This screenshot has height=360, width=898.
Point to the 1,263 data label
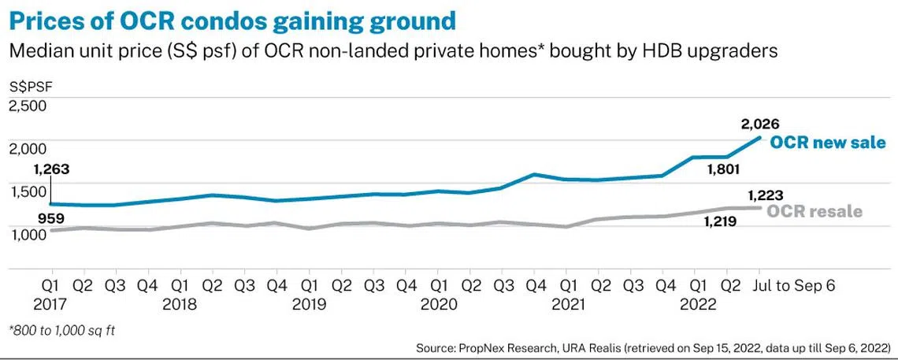click(52, 169)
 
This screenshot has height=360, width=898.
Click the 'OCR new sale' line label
click(827, 143)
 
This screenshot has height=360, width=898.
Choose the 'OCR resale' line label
click(815, 211)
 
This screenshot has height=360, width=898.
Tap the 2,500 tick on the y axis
click(28, 106)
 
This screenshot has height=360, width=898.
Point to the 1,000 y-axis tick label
click(28, 235)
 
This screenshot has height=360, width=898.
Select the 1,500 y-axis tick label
click(28, 191)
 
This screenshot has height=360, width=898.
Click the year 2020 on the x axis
click(439, 303)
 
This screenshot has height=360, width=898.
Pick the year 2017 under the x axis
click(51, 303)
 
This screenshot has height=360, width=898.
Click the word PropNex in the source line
click(500, 347)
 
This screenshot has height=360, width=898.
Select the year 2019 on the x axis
click(310, 303)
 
